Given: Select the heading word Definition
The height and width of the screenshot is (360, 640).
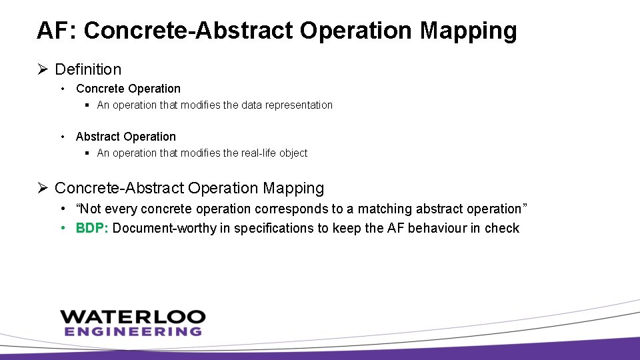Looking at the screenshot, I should pyautogui.click(x=88, y=69).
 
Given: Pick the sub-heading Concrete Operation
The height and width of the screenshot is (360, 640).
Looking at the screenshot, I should pyautogui.click(x=128, y=89).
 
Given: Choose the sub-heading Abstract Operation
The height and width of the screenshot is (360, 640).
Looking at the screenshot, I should pyautogui.click(x=126, y=137).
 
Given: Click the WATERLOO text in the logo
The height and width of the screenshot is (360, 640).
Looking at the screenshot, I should pyautogui.click(x=133, y=317).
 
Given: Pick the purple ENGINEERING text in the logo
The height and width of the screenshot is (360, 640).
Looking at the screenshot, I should pyautogui.click(x=133, y=331).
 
